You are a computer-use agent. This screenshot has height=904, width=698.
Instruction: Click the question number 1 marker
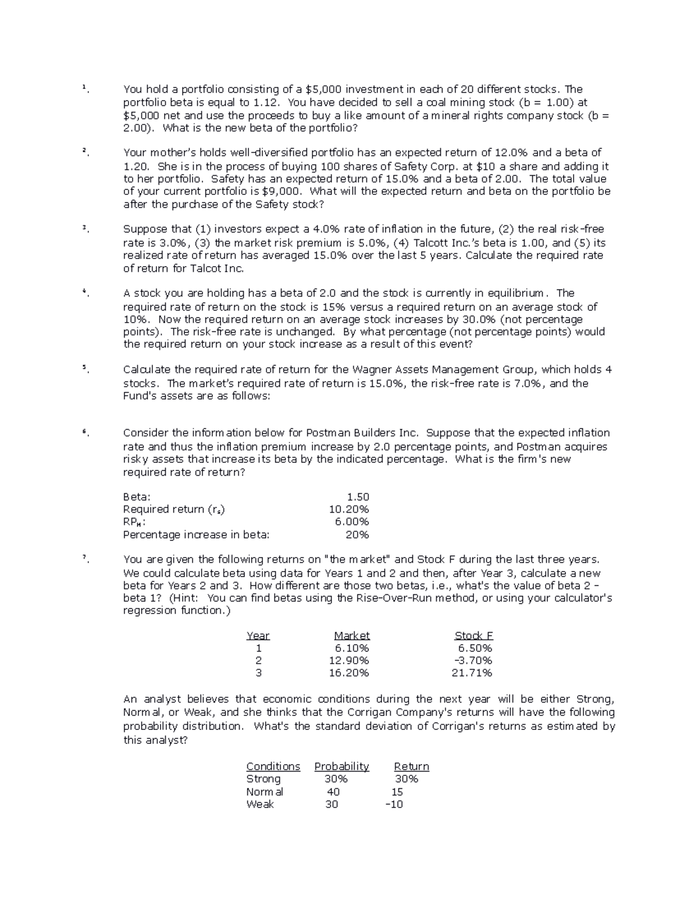pos(84,88)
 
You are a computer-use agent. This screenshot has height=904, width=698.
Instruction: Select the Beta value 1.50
pos(358,497)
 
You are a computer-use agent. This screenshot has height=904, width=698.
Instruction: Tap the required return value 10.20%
pos(349,509)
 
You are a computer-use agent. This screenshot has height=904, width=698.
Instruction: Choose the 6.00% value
pos(352,522)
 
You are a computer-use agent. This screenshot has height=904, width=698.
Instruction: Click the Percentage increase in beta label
pos(196,535)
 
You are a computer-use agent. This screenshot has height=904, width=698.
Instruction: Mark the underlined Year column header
pos(258,636)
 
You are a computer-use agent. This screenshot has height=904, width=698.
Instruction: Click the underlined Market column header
pos(351,636)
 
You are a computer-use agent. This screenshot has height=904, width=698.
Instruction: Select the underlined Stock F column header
pos(473,636)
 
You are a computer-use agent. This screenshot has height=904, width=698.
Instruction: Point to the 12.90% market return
pos(349,661)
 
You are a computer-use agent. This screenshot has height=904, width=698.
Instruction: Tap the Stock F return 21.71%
pos(472,673)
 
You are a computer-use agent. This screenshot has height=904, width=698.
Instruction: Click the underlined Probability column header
pos(341,767)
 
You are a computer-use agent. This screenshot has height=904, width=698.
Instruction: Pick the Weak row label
pos(259,804)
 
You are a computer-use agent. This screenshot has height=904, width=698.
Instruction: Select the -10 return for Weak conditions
pos(394,804)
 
